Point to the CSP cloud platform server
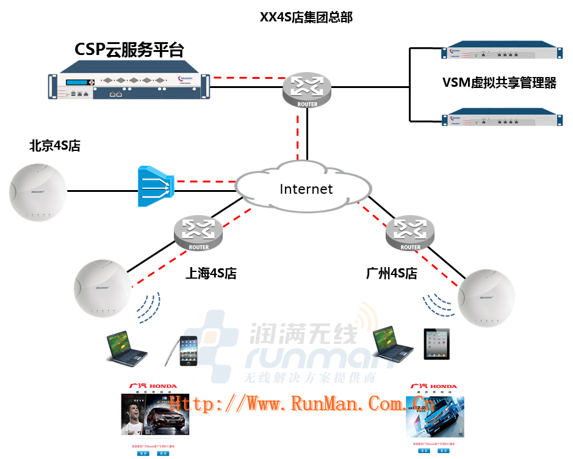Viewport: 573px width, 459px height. pyautogui.click(x=129, y=85)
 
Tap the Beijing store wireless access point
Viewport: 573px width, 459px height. pyautogui.click(x=37, y=192)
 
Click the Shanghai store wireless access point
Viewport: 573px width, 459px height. pyautogui.click(x=103, y=288)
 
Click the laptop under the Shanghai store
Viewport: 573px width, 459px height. pyautogui.click(x=126, y=348)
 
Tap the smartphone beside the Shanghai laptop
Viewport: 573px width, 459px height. pyautogui.click(x=189, y=351)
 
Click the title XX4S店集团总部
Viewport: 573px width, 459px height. pyautogui.click(x=306, y=17)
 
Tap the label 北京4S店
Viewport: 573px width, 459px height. pyautogui.click(x=55, y=146)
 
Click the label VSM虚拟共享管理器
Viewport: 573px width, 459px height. pyautogui.click(x=499, y=83)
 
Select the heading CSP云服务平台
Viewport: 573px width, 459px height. pyautogui.click(x=129, y=50)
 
